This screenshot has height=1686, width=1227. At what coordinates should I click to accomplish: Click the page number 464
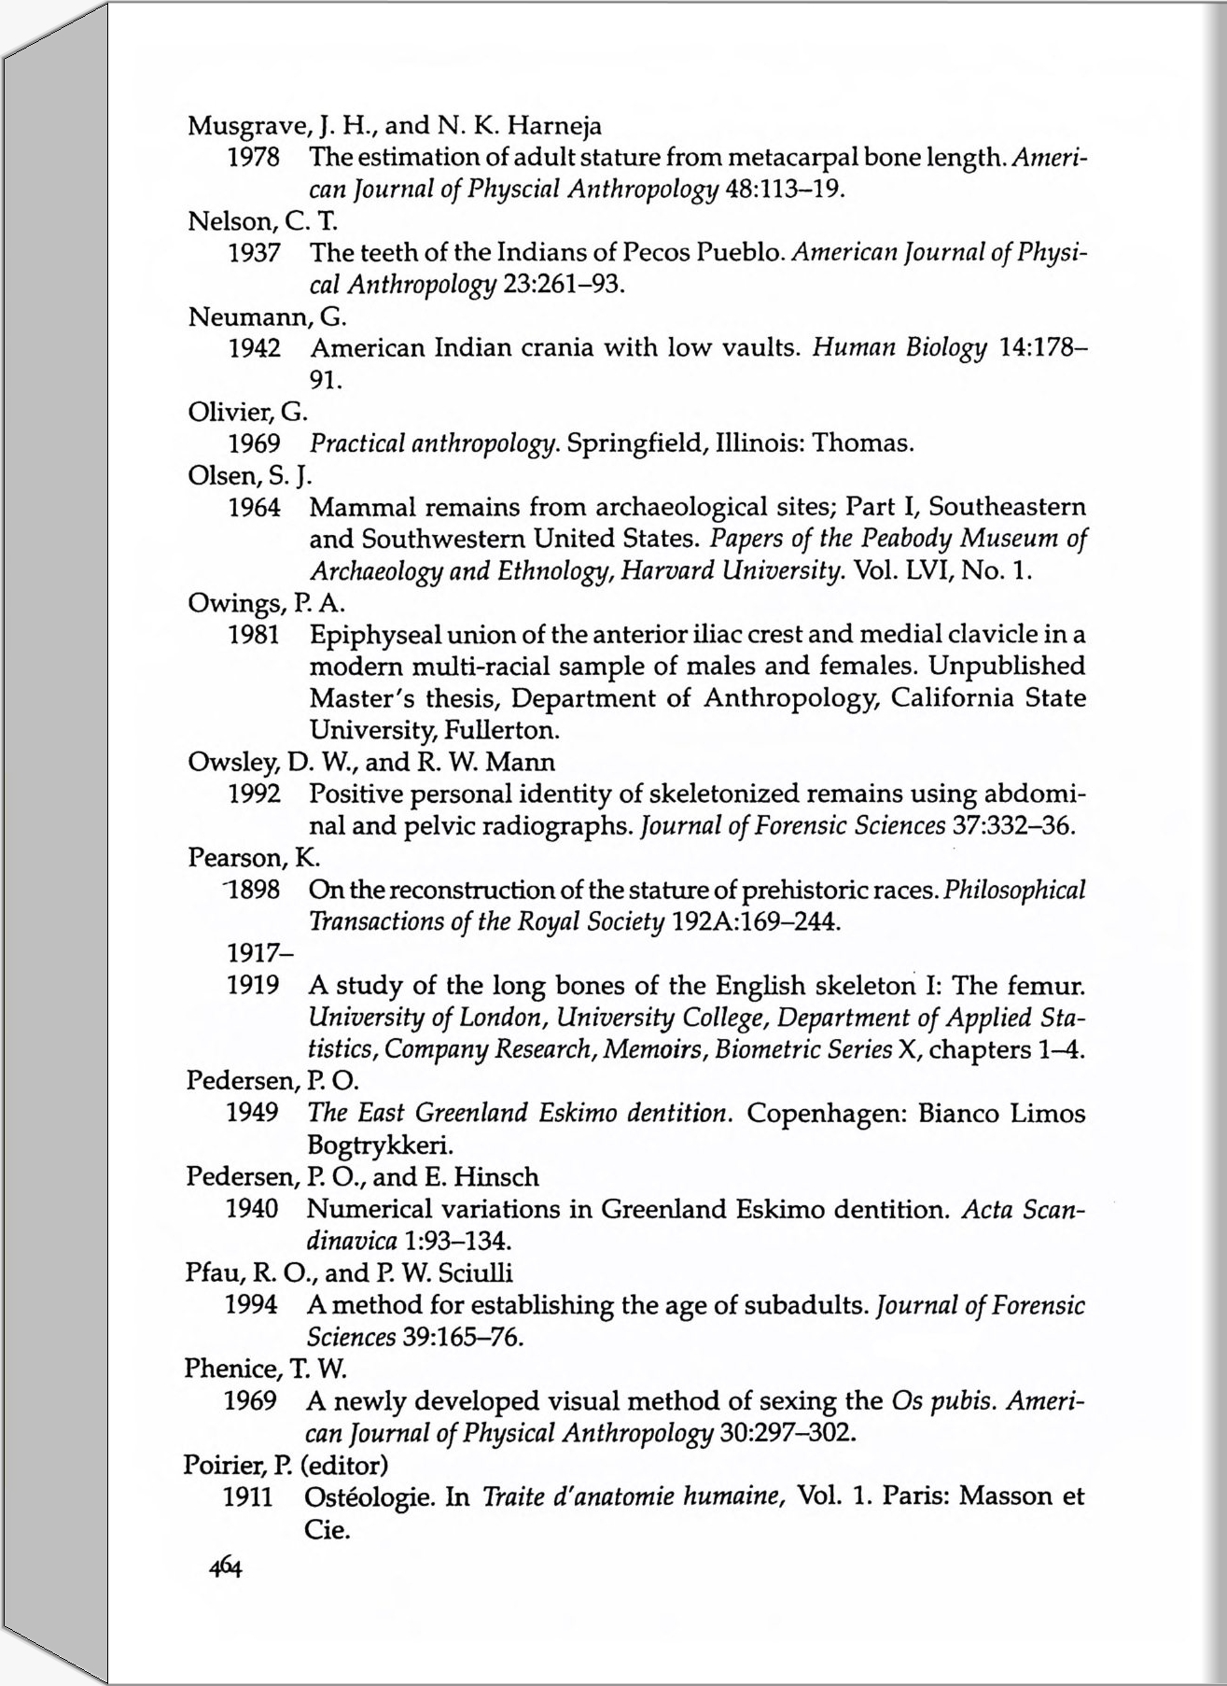click(225, 1567)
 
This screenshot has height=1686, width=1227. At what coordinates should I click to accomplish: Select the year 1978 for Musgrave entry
click(255, 158)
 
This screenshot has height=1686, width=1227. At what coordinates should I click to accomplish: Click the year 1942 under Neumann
click(255, 349)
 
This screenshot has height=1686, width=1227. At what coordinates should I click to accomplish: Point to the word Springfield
click(631, 443)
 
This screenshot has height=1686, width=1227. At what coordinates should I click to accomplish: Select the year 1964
click(255, 508)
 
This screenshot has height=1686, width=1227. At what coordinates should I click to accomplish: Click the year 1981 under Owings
click(255, 636)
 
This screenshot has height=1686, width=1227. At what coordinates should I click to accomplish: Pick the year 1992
click(255, 794)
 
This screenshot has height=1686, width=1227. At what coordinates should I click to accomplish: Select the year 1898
click(254, 890)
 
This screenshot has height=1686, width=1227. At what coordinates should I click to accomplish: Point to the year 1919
click(253, 986)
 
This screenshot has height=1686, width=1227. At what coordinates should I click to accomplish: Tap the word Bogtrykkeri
click(380, 1145)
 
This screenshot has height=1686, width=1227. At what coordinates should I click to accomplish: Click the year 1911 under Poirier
click(247, 1497)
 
